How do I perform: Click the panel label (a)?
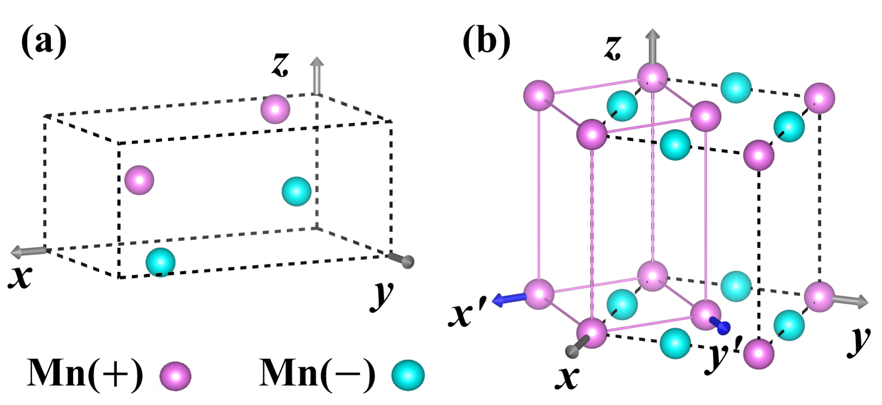(44, 43)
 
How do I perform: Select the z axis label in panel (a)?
(280, 65)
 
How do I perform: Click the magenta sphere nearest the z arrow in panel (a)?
(276, 109)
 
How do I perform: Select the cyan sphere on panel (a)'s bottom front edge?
(160, 262)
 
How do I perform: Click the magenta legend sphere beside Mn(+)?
(176, 375)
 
